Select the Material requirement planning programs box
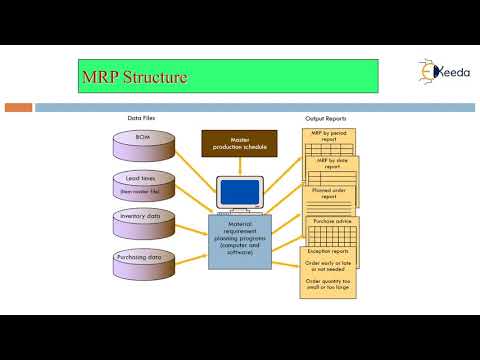click(238, 242)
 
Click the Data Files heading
click(141, 118)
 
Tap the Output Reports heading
click(326, 119)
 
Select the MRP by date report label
click(336, 163)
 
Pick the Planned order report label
click(335, 193)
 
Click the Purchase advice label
click(335, 223)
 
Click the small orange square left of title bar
click(19, 106)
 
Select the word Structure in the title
click(156, 76)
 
